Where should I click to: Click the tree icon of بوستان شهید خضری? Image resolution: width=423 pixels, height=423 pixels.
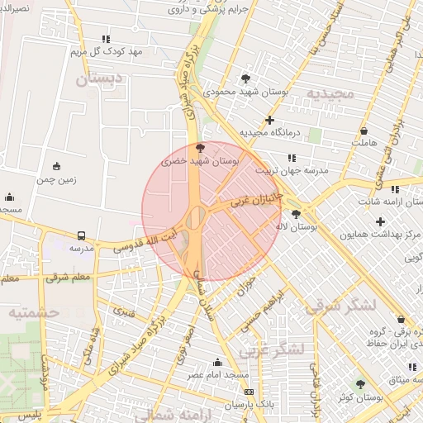pos(201,148)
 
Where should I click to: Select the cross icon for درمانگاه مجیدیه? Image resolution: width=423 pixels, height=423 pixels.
pos(269,120)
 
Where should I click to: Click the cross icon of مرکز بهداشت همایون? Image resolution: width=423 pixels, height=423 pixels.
pos(380,221)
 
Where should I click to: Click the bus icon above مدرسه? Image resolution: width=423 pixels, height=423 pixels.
pos(81,235)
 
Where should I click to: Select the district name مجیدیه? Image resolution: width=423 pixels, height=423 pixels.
pos(330,93)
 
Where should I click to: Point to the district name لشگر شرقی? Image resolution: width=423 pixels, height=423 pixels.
pos(340,307)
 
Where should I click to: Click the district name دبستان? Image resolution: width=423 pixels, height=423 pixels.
pos(98,80)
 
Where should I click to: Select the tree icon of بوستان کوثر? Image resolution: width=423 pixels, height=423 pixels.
pos(360,384)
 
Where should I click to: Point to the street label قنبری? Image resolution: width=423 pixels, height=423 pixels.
pos(123,313)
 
